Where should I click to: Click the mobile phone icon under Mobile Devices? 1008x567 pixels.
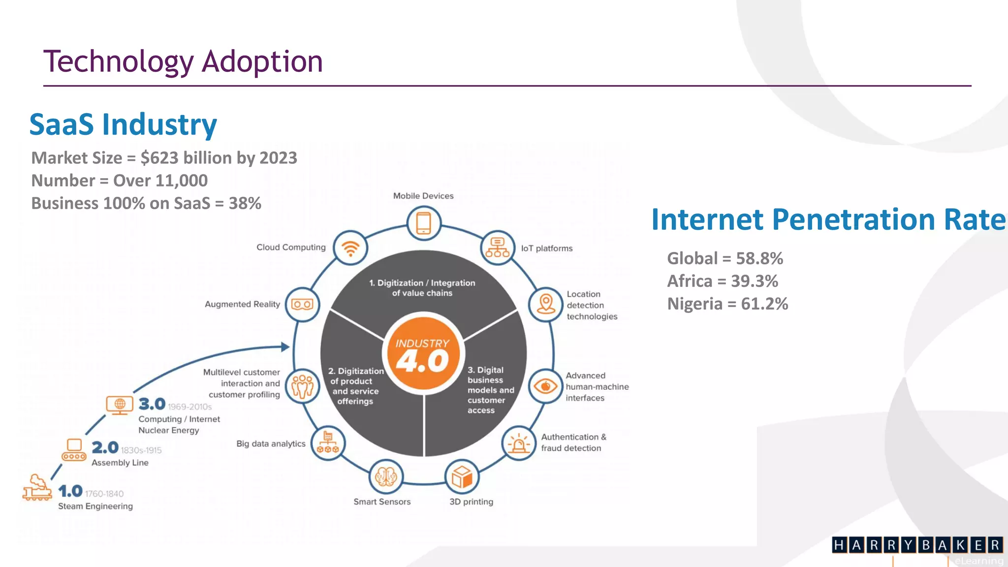pyautogui.click(x=423, y=223)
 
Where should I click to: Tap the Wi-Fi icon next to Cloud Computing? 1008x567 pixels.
pyautogui.click(x=350, y=248)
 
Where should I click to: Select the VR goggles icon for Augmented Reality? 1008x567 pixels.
pyautogui.click(x=302, y=305)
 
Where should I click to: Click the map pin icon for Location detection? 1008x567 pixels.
pyautogui.click(x=545, y=305)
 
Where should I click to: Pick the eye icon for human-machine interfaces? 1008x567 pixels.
pyautogui.click(x=545, y=386)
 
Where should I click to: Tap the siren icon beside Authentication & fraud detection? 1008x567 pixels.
pyautogui.click(x=518, y=443)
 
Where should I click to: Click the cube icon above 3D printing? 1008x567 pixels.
pyautogui.click(x=462, y=477)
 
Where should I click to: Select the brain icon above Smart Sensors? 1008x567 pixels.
pyautogui.click(x=386, y=476)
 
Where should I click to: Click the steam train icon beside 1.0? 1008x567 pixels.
pyautogui.click(x=37, y=488)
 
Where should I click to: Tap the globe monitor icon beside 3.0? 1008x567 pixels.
pyautogui.click(x=120, y=405)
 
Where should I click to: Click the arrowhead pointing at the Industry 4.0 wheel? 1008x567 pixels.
pyautogui.click(x=285, y=346)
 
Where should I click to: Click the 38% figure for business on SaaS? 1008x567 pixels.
pyautogui.click(x=245, y=203)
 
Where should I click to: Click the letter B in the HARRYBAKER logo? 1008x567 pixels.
pyautogui.click(x=926, y=545)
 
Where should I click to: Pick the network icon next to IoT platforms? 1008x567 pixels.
pyautogui.click(x=498, y=248)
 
